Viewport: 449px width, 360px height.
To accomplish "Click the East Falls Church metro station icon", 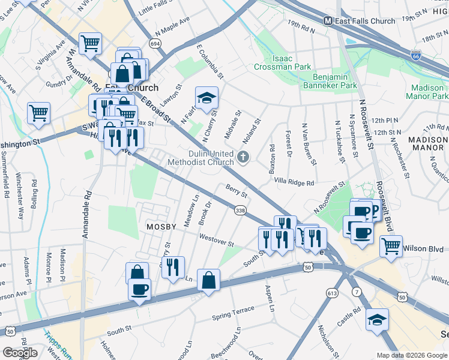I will pyautogui.click(x=328, y=20).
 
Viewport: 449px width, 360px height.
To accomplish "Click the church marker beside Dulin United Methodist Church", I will pyautogui.click(x=243, y=157).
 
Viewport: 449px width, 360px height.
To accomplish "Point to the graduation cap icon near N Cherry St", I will pyautogui.click(x=206, y=98).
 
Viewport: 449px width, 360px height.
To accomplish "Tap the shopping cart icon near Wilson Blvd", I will pyautogui.click(x=391, y=245).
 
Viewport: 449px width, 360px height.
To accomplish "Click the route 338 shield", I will pyautogui.click(x=240, y=209).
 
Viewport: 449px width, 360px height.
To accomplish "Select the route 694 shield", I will pyautogui.click(x=155, y=44).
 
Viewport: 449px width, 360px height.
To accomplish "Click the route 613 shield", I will pyautogui.click(x=331, y=292).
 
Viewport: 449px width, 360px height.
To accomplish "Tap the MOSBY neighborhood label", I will pyautogui.click(x=161, y=227).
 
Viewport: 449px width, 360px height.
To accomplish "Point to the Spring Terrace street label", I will pyautogui.click(x=234, y=315).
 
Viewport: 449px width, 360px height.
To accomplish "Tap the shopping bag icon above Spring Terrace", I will pyautogui.click(x=208, y=281).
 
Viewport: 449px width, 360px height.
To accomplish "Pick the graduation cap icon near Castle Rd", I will pyautogui.click(x=377, y=320).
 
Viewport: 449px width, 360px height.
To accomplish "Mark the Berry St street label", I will pyautogui.click(x=237, y=191).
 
